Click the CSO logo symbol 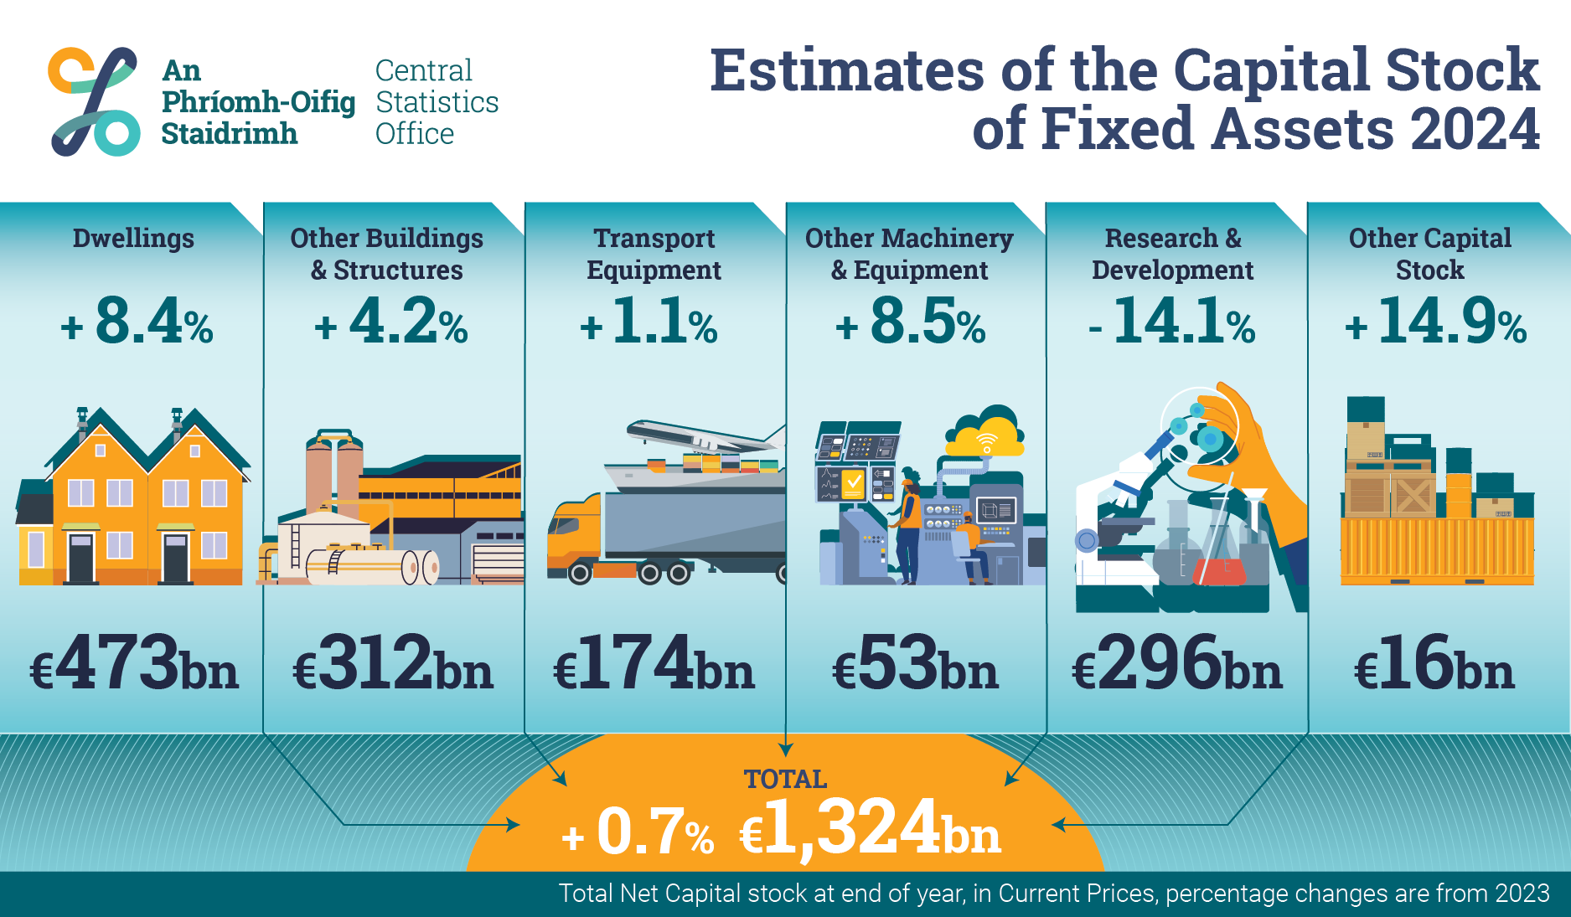click(94, 101)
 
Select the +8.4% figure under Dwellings click(137, 322)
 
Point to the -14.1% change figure click(1172, 322)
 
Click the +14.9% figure click(1435, 322)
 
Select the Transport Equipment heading click(654, 254)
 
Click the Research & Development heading click(1172, 254)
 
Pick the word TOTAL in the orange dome click(785, 779)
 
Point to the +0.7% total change click(638, 832)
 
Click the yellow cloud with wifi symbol click(986, 434)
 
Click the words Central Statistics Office click(437, 101)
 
